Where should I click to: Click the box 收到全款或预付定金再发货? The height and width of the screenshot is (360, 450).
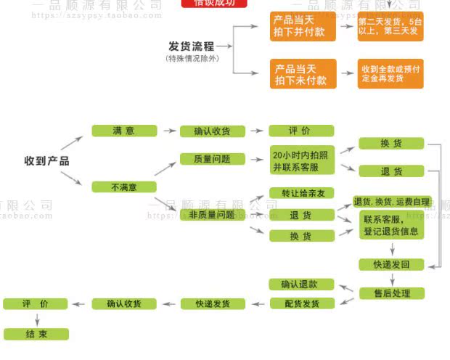[390, 73]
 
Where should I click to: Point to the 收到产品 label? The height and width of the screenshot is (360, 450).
[46, 160]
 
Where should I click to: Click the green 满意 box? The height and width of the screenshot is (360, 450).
[123, 131]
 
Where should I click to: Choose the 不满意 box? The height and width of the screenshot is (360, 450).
[123, 187]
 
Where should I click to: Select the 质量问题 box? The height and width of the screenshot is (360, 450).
[213, 159]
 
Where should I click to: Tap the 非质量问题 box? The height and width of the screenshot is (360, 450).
[212, 215]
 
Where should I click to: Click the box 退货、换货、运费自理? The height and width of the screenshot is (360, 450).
[391, 201]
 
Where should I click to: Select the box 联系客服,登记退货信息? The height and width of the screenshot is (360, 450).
[390, 226]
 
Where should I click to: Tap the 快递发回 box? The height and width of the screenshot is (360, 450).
[392, 264]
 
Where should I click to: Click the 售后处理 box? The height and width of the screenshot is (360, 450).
[392, 293]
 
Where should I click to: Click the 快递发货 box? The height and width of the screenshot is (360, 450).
[213, 303]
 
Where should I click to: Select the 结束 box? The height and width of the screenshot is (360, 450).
[36, 335]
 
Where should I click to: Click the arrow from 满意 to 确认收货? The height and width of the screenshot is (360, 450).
[168, 131]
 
